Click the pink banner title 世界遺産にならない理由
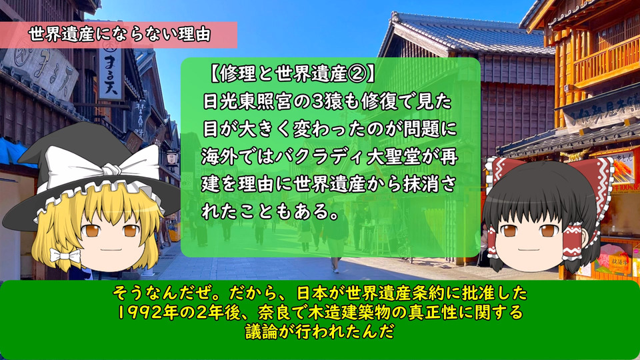[119, 34]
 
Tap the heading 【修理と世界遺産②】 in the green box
[292, 74]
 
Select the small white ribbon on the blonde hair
[65, 256]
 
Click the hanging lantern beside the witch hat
[172, 157]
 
